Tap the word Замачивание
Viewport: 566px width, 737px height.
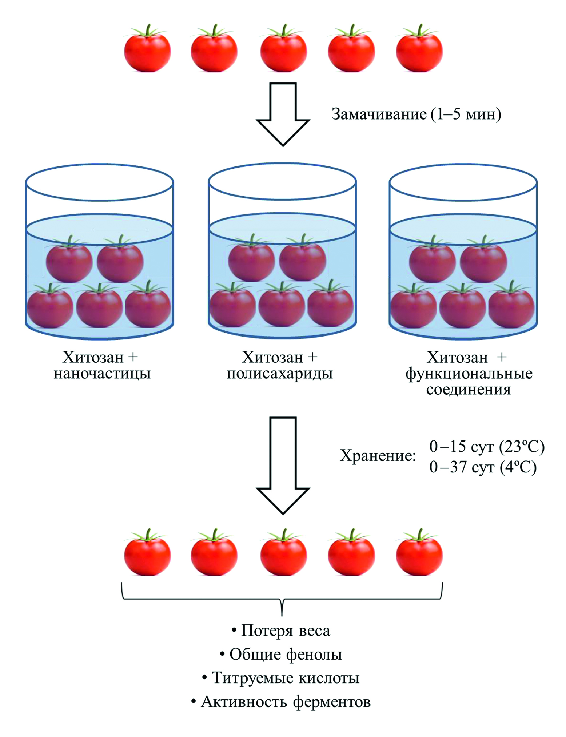tap(379, 114)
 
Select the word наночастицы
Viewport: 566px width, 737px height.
tap(102, 374)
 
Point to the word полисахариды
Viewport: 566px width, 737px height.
tap(280, 374)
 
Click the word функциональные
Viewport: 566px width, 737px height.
tap(469, 374)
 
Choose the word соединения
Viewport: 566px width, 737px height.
tap(469, 390)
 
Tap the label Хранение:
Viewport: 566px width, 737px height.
tap(378, 455)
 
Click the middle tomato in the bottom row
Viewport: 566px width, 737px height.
tap(283, 554)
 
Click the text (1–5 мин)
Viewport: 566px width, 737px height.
tap(466, 114)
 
